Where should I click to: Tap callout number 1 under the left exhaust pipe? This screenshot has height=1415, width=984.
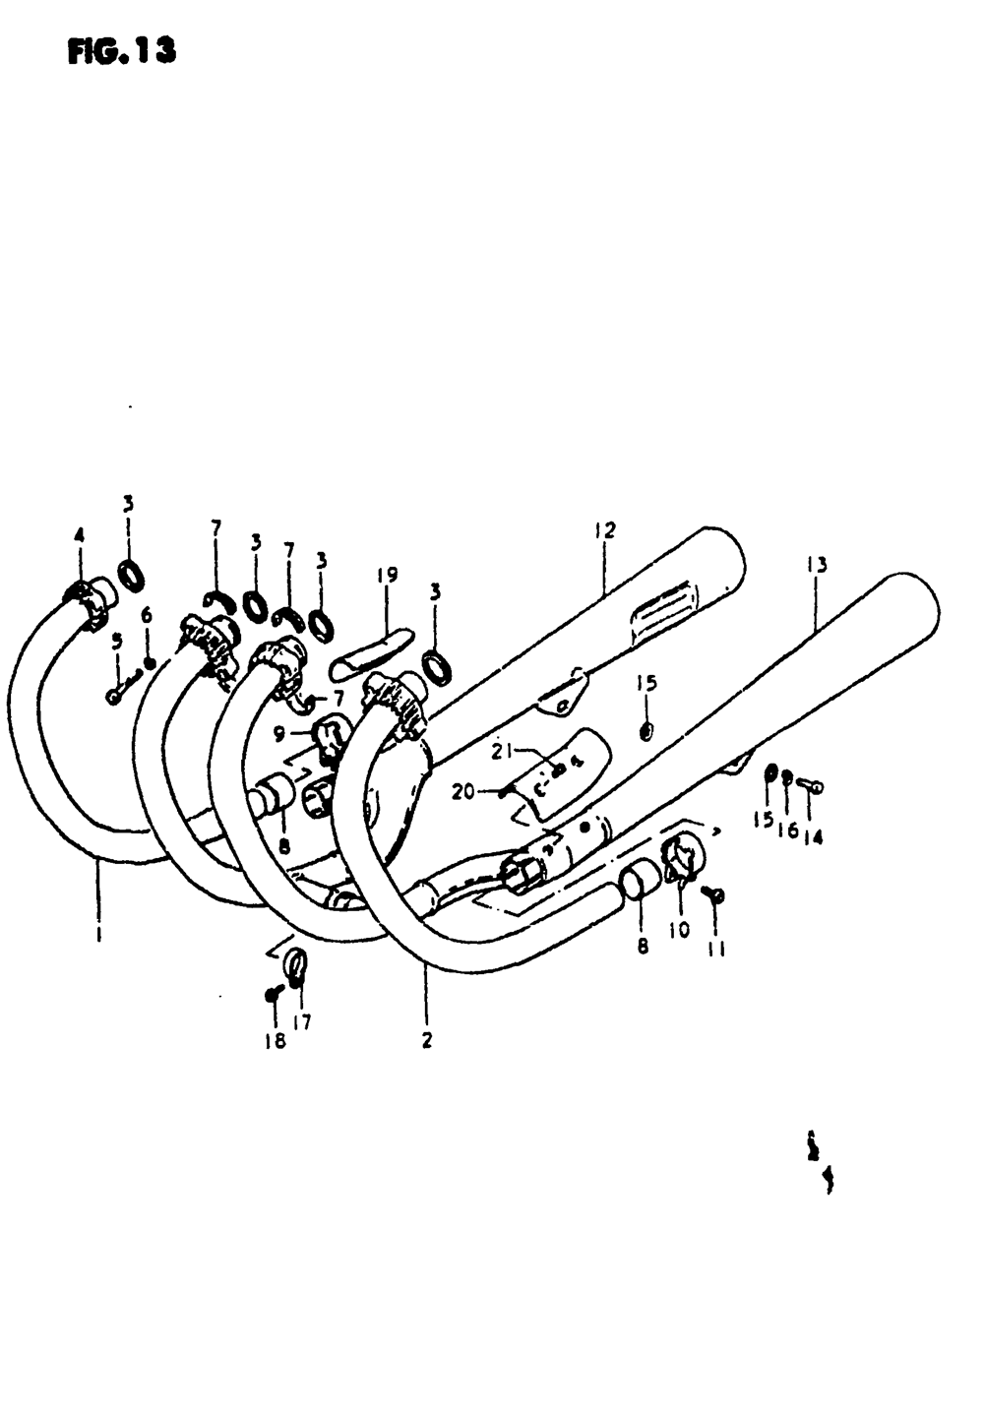(x=98, y=935)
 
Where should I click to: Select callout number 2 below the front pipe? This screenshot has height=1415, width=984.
(x=427, y=1040)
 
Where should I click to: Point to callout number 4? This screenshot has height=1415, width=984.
(x=80, y=535)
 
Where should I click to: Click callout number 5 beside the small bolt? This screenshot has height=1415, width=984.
(x=117, y=641)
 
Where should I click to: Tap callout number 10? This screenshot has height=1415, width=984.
(x=679, y=929)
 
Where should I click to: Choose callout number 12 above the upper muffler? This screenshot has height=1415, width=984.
(x=604, y=530)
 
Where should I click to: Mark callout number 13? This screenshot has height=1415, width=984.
(x=816, y=565)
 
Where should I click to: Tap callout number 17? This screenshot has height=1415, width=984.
(x=302, y=1022)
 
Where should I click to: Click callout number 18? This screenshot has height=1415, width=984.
(x=276, y=1040)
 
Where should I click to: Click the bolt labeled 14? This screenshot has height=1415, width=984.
(x=810, y=785)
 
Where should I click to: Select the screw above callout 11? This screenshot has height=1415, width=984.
(x=715, y=893)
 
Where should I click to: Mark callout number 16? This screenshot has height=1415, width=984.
(x=787, y=829)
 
